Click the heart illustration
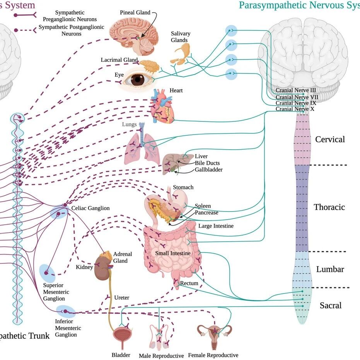tap(162, 106)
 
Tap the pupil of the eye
tap(138, 80)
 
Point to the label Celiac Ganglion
tap(90, 208)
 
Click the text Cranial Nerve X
tap(295, 109)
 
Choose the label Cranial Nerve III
tap(296, 90)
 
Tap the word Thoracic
tap(329, 207)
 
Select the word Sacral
tap(331, 305)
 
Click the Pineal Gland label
tap(135, 12)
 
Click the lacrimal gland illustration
tap(150, 66)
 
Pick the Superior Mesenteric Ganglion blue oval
tap(47, 273)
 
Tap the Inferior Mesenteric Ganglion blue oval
tap(66, 312)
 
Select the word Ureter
tap(122, 298)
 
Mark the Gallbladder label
tap(209, 170)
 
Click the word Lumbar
tap(330, 269)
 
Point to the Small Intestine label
tap(173, 253)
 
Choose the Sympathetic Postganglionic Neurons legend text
tap(72, 30)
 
